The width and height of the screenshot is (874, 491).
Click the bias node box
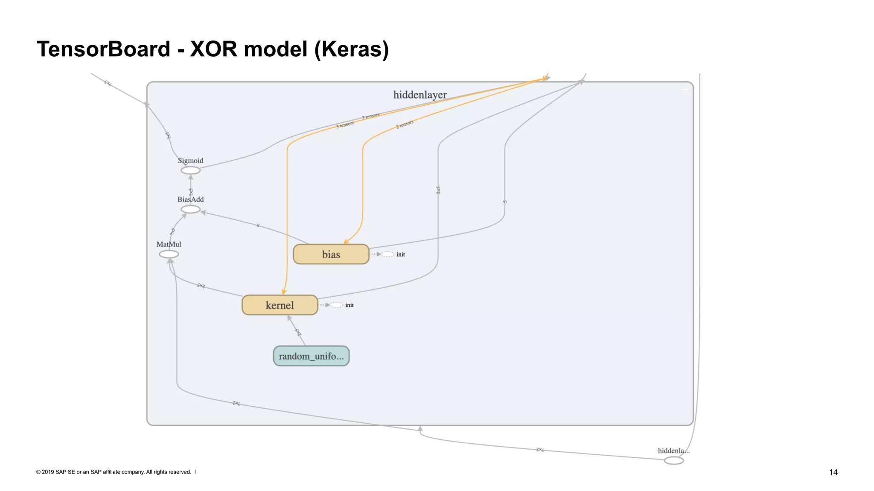pyautogui.click(x=331, y=254)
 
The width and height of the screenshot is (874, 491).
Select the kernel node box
pyautogui.click(x=280, y=305)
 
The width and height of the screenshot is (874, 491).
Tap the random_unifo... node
pyautogui.click(x=311, y=356)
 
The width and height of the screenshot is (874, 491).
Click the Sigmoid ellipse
pyautogui.click(x=190, y=170)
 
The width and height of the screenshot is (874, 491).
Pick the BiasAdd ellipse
pyautogui.click(x=190, y=209)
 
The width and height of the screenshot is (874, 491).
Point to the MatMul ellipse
pyautogui.click(x=169, y=254)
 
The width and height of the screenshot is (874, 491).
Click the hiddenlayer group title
pyautogui.click(x=420, y=95)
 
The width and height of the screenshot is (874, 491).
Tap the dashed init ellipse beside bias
pyautogui.click(x=387, y=254)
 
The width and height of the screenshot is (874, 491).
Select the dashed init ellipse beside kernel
pyautogui.click(x=336, y=305)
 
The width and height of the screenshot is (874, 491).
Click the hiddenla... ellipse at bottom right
pyautogui.click(x=674, y=461)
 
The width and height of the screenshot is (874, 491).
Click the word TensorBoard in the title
pyautogui.click(x=103, y=49)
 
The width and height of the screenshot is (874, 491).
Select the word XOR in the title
pyautogui.click(x=213, y=49)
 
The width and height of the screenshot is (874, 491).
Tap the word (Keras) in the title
pyautogui.click(x=351, y=49)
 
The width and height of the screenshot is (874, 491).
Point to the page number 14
pyautogui.click(x=833, y=472)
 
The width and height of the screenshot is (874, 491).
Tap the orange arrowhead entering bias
pyautogui.click(x=346, y=242)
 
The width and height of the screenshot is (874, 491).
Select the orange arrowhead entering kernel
pyautogui.click(x=284, y=292)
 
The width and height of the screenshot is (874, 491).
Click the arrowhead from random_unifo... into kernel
pyautogui.click(x=289, y=318)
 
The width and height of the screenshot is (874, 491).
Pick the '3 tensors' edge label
pyautogui.click(x=345, y=125)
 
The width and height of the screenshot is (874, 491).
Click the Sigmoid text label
pyautogui.click(x=190, y=161)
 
